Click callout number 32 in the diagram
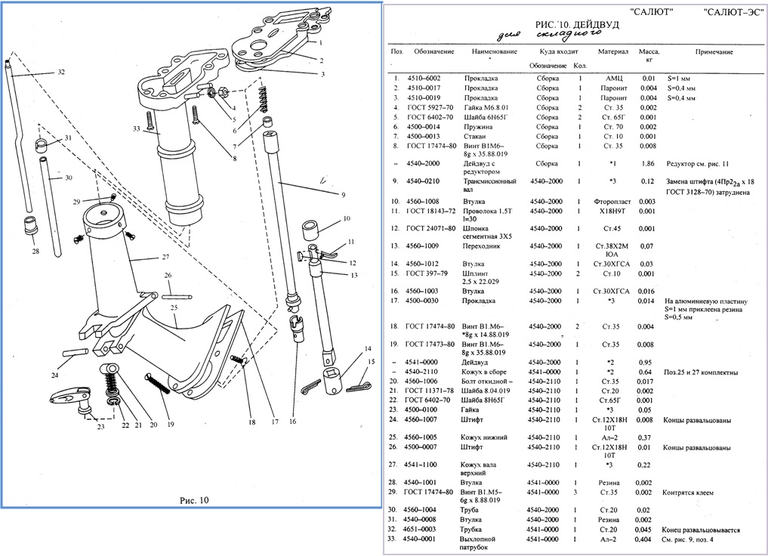[x=60, y=73]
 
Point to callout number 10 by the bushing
[x=347, y=219]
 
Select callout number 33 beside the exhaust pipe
[x=136, y=129]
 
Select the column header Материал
[x=613, y=53]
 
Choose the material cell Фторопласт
[x=613, y=201]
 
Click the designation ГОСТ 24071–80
[x=431, y=228]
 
